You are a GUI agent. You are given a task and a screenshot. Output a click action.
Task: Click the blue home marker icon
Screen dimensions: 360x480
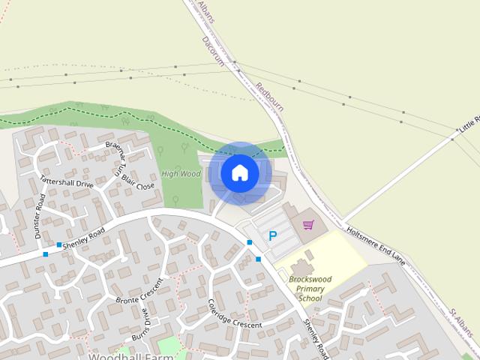(240, 173)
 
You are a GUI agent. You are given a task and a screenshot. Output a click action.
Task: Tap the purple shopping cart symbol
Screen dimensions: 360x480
(308, 224)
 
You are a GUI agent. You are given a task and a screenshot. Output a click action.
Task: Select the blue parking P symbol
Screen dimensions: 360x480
(272, 236)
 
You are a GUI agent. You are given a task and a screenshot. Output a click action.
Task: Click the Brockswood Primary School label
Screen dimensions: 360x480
(309, 288)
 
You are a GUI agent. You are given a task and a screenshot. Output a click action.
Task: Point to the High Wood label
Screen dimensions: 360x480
(181, 174)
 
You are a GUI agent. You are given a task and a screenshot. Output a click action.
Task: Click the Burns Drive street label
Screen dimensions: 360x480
(142, 330)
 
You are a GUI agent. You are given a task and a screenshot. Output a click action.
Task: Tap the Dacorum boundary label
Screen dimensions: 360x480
(213, 52)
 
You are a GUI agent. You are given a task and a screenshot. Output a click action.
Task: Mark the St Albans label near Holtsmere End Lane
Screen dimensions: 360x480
(463, 321)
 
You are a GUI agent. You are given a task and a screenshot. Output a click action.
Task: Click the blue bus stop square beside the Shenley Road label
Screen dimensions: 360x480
(58, 244)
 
